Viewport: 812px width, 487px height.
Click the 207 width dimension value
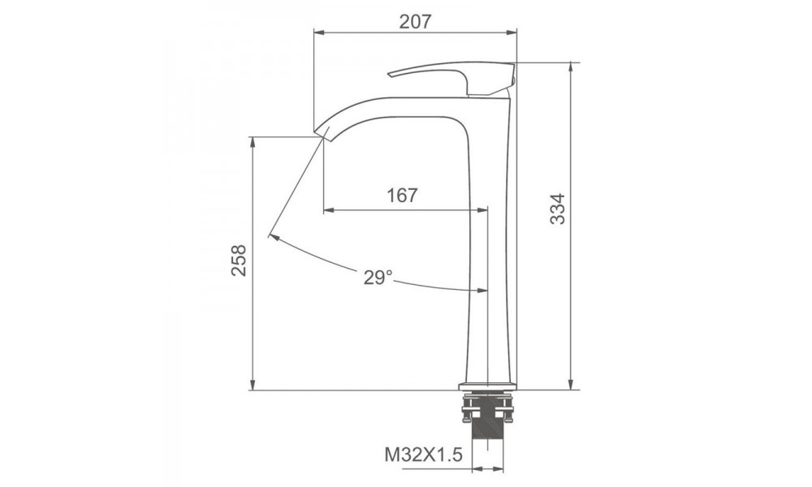tap(415, 21)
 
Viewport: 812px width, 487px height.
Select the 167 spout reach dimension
tap(402, 195)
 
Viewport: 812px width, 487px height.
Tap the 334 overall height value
tap(558, 209)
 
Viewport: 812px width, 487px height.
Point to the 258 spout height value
tap(239, 260)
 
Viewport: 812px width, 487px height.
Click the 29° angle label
tap(378, 278)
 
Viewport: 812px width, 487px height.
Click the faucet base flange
tap(488, 386)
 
